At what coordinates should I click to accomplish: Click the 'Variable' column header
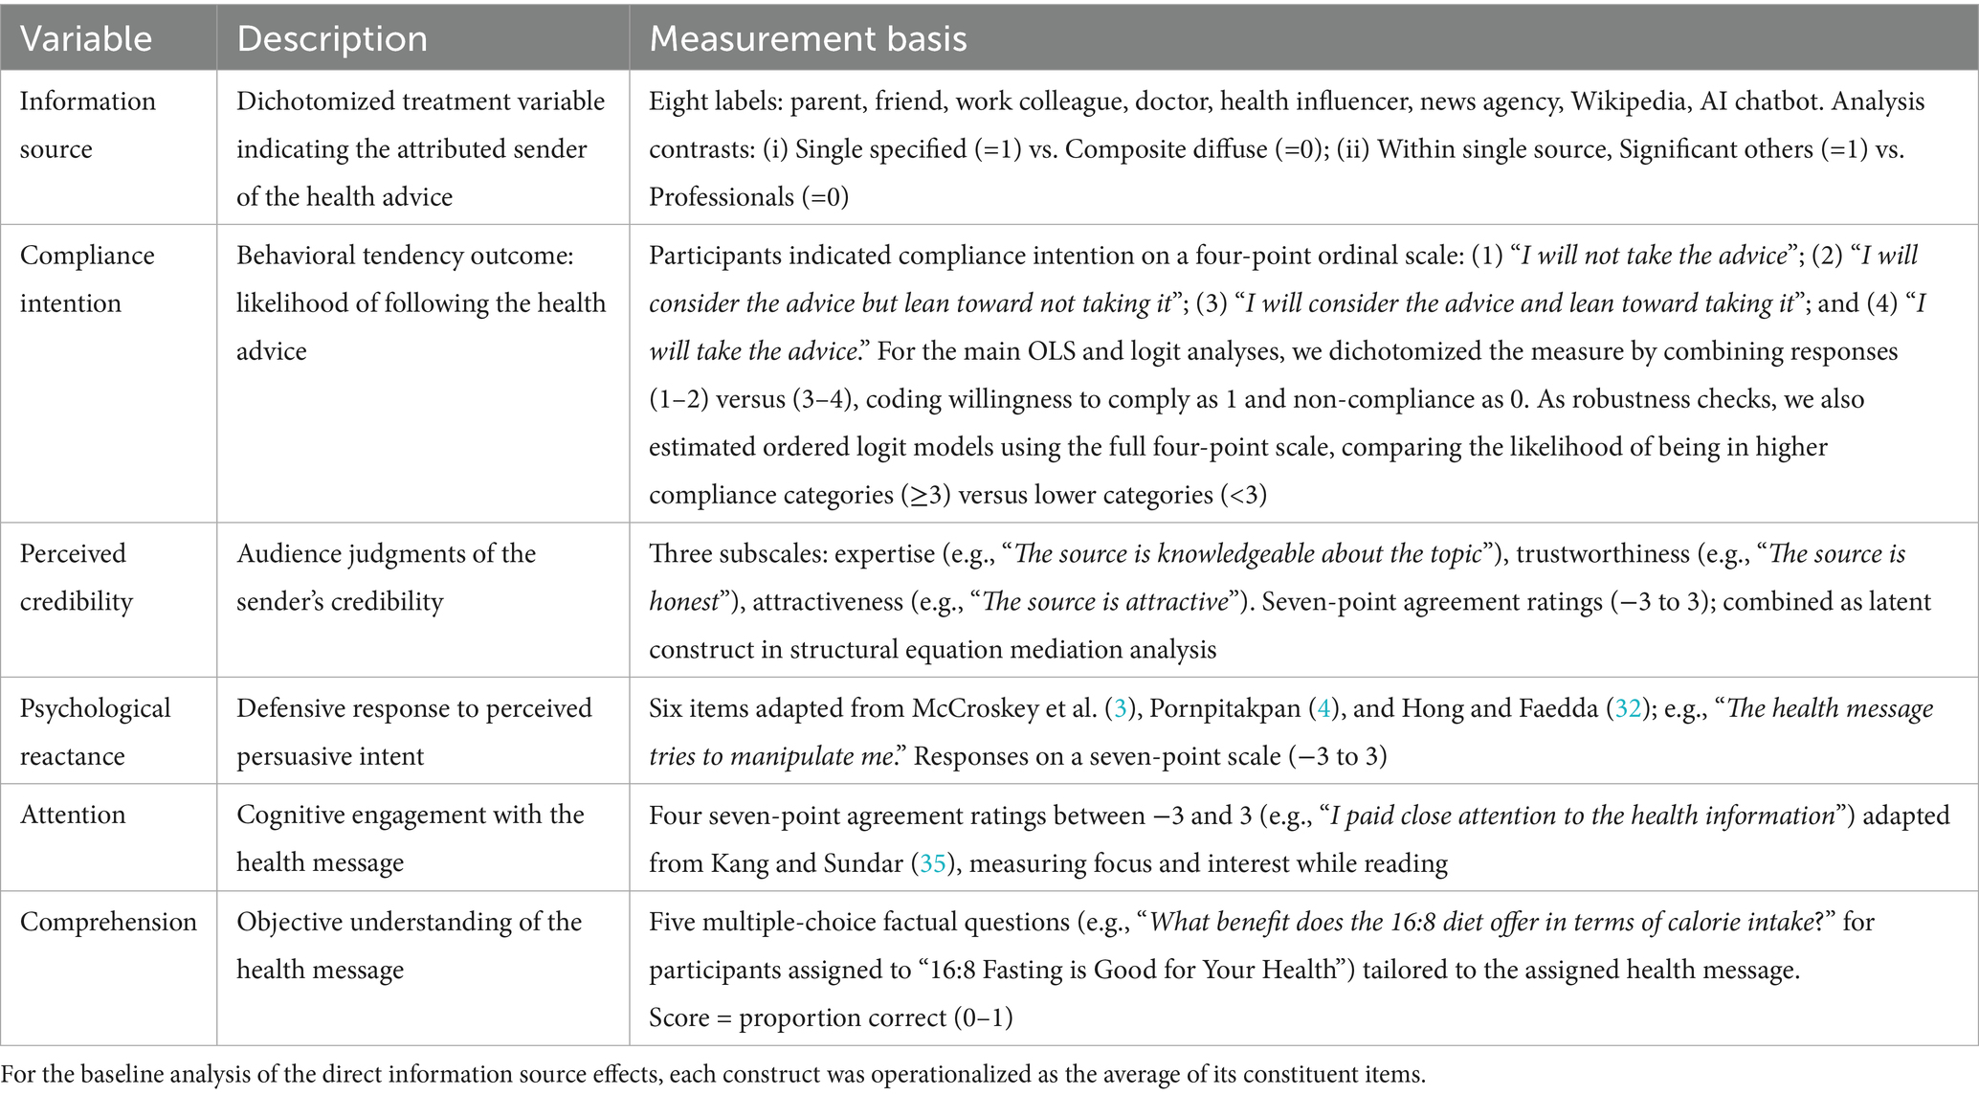pos(86,38)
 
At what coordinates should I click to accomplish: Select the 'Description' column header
pos(332,38)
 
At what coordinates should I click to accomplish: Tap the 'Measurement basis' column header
pos(808,38)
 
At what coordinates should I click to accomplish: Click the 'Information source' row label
pos(87,124)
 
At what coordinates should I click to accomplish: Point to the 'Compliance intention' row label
pos(87,279)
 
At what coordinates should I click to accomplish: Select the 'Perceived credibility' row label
pos(77,577)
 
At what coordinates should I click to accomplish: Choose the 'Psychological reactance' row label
pos(95,731)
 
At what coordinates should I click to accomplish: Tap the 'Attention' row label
pos(73,815)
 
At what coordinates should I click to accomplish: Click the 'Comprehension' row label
pos(108,922)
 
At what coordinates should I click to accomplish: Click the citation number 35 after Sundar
pos(932,863)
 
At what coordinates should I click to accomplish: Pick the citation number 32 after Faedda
pos(1628,708)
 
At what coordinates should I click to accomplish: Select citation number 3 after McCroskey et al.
pos(1116,708)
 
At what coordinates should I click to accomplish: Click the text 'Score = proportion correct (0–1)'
pos(830,1017)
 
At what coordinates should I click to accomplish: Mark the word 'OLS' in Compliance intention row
pos(1052,351)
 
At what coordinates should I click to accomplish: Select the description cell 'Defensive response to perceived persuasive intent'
pos(413,731)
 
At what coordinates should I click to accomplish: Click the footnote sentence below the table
pos(713,1074)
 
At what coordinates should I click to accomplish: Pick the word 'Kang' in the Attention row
pos(740,863)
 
